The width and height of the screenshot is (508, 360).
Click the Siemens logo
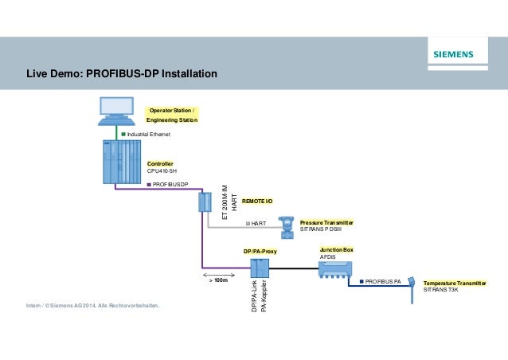pyautogui.click(x=452, y=55)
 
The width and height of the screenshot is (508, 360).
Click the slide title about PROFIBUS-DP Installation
pyautogui.click(x=122, y=75)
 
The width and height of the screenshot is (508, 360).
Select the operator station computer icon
pyautogui.click(x=117, y=111)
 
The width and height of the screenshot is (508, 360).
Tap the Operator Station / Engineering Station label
pyautogui.click(x=172, y=114)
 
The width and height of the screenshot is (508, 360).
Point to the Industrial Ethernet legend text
pyautogui.click(x=149, y=135)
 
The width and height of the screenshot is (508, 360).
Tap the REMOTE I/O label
pyautogui.click(x=256, y=202)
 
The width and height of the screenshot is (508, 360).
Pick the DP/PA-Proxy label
pyautogui.click(x=260, y=250)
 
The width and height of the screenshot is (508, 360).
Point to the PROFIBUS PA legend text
pyautogui.click(x=385, y=281)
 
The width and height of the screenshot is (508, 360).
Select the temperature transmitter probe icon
pyautogui.click(x=413, y=288)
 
